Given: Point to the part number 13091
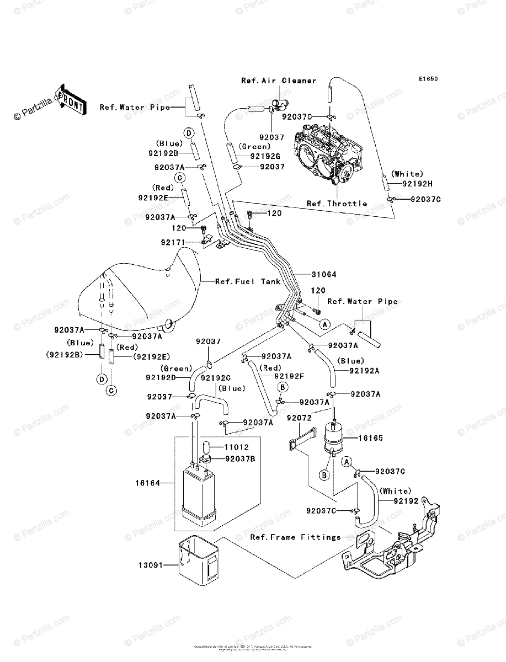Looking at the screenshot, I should (x=150, y=564).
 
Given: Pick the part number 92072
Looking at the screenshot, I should (x=299, y=418).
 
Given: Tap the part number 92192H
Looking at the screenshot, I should (x=419, y=184).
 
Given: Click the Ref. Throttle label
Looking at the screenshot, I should (x=337, y=204).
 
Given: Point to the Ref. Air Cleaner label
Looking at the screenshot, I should (x=279, y=81).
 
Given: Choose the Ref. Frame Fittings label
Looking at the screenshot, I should (x=295, y=537).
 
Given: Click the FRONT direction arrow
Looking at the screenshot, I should (x=71, y=100).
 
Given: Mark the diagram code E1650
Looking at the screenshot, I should (x=428, y=79).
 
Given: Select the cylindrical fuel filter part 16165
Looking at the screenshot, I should (x=333, y=439).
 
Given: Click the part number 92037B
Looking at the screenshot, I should (x=241, y=458).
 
